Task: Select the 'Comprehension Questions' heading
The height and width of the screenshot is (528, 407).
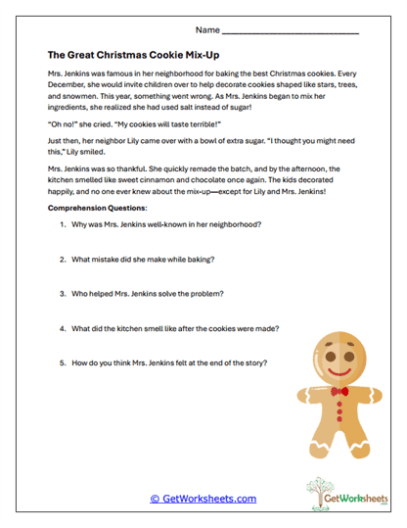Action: click(x=98, y=209)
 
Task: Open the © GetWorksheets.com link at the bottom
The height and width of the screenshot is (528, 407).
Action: click(x=203, y=498)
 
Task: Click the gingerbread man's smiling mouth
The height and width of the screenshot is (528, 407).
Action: click(x=339, y=373)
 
